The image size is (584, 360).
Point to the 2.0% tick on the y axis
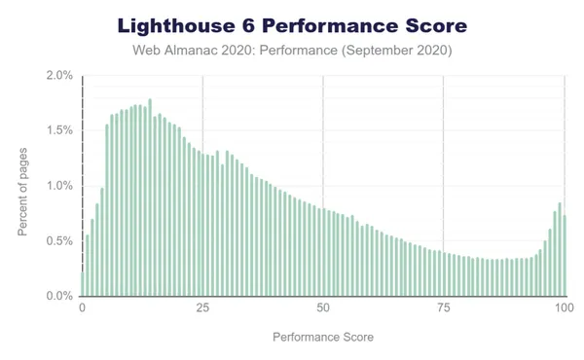(x=59, y=76)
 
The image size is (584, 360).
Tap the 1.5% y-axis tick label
(x=59, y=130)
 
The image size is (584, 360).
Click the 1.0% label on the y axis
(x=59, y=186)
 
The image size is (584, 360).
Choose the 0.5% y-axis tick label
(x=59, y=240)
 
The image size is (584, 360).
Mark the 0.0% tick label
(x=59, y=296)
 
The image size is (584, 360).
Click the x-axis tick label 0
(x=82, y=308)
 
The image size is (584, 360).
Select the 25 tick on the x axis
(x=202, y=308)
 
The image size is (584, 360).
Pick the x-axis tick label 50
(x=323, y=308)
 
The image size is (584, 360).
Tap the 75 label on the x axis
(x=444, y=308)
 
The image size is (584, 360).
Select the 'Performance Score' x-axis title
(x=323, y=337)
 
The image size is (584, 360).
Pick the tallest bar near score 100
(x=559, y=249)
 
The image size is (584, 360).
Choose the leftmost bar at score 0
(x=82, y=283)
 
